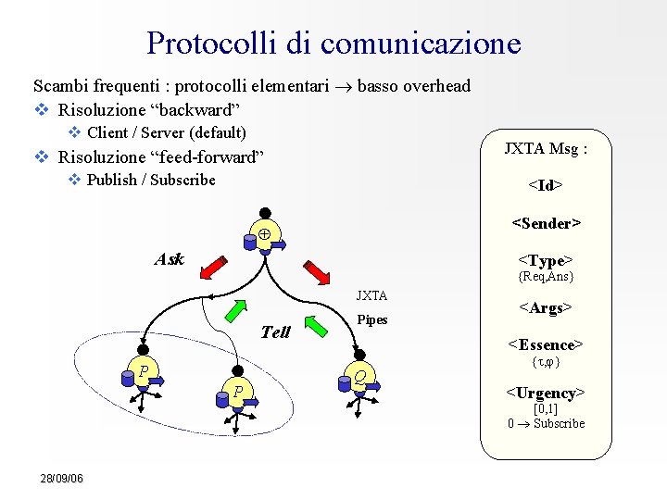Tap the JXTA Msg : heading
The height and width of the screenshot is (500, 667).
[x=545, y=147]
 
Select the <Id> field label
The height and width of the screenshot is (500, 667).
[x=546, y=185]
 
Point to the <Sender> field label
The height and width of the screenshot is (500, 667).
[x=546, y=223]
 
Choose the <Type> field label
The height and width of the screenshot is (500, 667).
[x=546, y=260]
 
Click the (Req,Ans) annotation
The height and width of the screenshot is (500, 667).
[x=546, y=276]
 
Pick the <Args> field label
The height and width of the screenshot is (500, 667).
[x=546, y=306]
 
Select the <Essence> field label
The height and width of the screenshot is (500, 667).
[x=546, y=344]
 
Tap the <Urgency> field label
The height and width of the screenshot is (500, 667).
[x=546, y=393]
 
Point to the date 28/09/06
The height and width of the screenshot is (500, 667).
[x=62, y=478]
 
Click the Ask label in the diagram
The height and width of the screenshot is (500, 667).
[x=169, y=259]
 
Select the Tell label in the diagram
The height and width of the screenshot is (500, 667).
[x=276, y=331]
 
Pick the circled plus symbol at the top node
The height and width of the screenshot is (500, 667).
[x=263, y=234]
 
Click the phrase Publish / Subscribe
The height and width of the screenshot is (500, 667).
[x=151, y=180]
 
